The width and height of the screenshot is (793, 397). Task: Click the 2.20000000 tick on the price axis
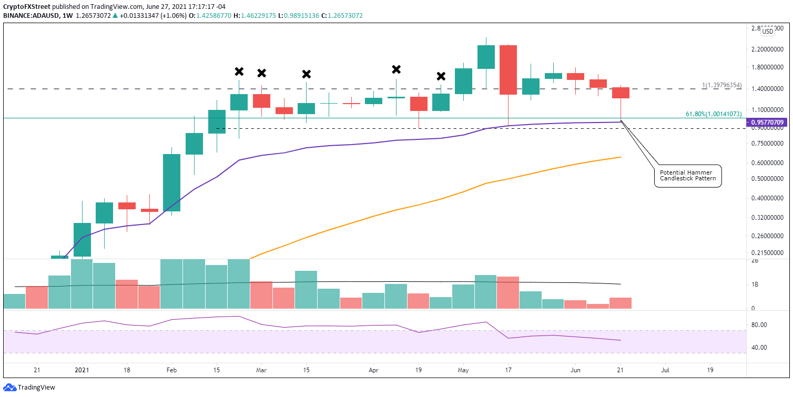pos(768,49)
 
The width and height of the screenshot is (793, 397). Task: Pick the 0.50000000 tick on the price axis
pos(768,179)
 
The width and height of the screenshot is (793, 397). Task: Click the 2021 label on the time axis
pos(82,370)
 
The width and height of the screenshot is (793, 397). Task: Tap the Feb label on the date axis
pos(171,370)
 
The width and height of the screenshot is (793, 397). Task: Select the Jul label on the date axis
pos(665,370)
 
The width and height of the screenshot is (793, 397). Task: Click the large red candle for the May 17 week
pos(509,70)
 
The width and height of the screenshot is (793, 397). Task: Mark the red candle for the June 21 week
pos(621,93)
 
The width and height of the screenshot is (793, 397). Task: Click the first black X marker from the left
pos(239,72)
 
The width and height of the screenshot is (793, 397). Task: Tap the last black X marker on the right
pos(441,76)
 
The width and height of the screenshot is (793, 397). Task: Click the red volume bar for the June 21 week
pos(621,303)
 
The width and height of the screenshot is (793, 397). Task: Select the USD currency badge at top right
pos(768,31)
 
